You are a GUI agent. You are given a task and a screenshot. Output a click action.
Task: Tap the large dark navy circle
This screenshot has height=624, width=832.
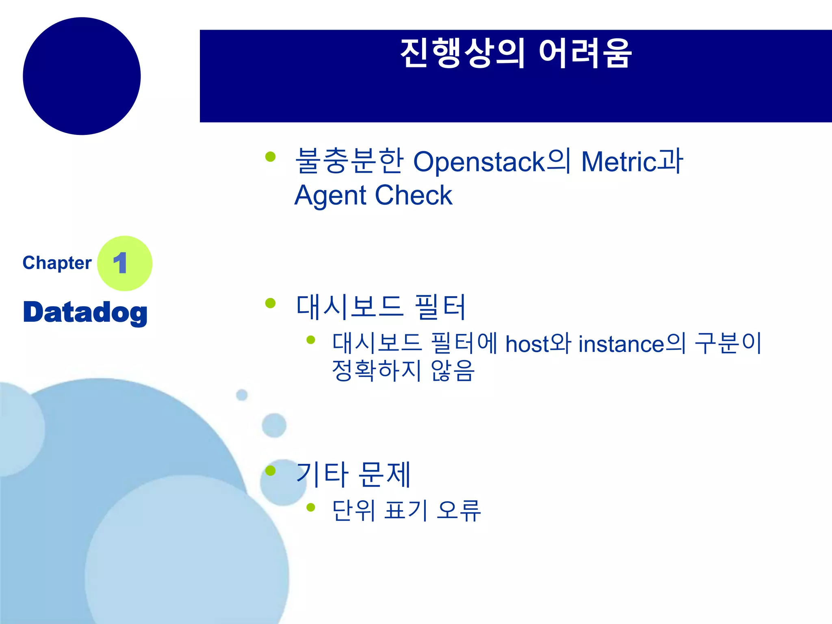82,76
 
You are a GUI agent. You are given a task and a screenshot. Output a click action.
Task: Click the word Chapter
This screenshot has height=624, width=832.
57,263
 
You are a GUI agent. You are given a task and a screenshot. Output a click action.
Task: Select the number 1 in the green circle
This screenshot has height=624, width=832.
120,263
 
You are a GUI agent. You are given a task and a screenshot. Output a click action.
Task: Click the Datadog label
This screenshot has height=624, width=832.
85,313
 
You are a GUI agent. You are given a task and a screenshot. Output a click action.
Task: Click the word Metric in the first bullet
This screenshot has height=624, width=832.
618,162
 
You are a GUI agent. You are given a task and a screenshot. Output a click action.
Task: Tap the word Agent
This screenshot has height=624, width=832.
330,196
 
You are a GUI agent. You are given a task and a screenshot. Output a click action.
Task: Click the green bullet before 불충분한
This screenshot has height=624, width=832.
270,156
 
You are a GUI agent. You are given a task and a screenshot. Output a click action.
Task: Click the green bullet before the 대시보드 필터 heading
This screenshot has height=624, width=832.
270,303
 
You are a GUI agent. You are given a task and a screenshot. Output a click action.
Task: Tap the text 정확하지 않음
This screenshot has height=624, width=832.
403,370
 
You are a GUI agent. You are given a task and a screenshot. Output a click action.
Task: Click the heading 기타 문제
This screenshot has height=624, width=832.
353,474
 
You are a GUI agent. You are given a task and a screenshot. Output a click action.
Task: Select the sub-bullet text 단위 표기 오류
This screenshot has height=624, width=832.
406,510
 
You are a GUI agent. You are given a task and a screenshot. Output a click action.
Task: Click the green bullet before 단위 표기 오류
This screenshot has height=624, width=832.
311,507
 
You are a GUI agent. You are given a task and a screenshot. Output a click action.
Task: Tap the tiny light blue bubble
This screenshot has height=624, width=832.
242,394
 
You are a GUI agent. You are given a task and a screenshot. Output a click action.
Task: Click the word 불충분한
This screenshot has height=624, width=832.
349,161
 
